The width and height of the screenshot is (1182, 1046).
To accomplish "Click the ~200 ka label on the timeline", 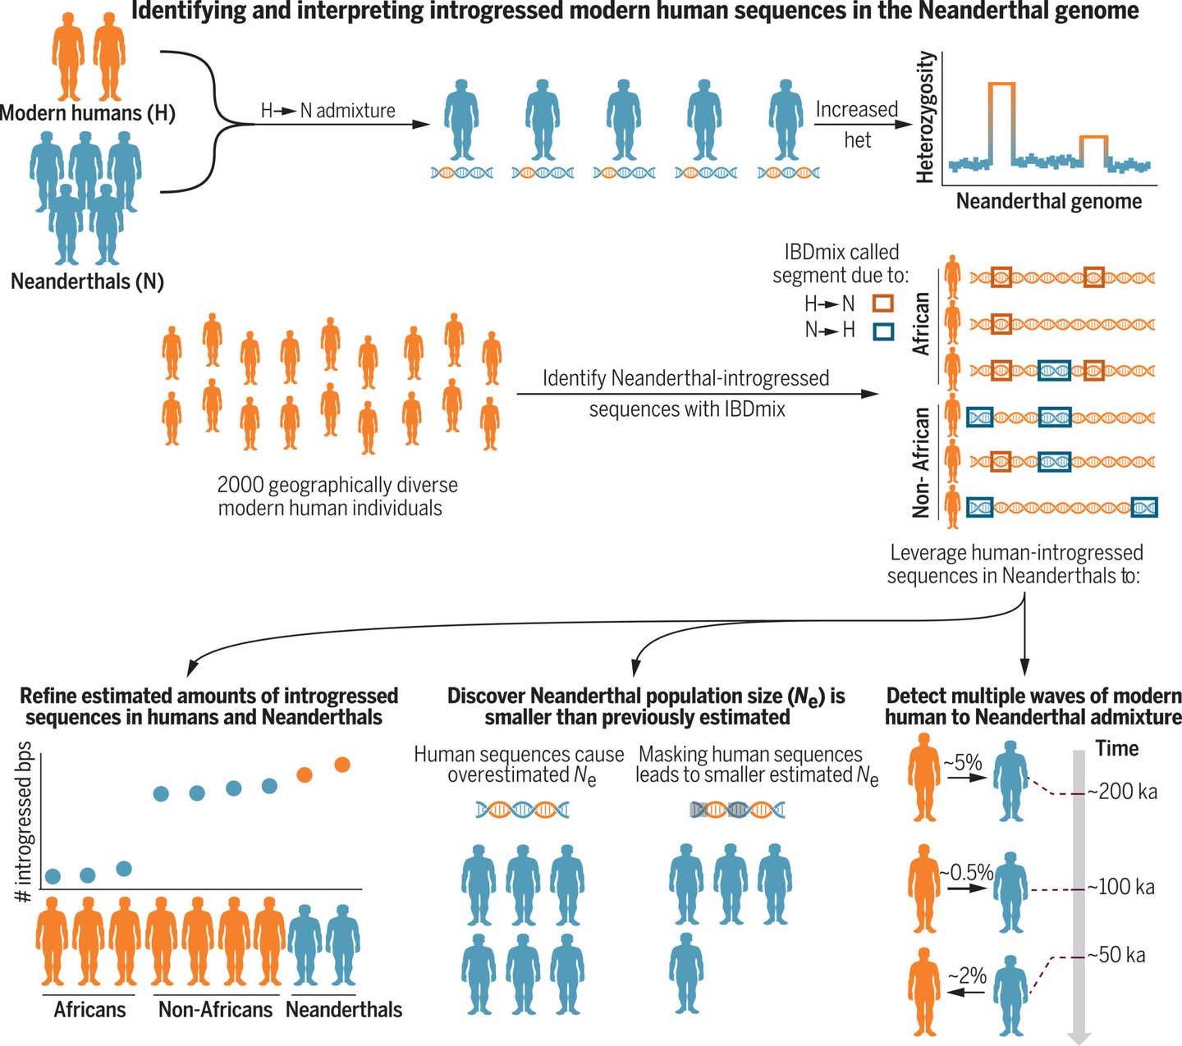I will click(x=1122, y=792).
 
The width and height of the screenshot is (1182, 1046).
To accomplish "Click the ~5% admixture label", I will click(x=963, y=763).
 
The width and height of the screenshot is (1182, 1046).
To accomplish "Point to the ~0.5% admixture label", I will click(x=966, y=872).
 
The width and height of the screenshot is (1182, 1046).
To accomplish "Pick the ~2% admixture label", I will click(x=967, y=975).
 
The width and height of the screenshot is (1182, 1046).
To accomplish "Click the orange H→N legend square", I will click(x=883, y=304).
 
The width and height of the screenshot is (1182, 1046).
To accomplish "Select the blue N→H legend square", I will click(x=883, y=331).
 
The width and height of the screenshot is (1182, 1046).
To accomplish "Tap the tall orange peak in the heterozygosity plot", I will click(x=1001, y=85).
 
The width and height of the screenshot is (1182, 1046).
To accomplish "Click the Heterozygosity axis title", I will click(x=925, y=116).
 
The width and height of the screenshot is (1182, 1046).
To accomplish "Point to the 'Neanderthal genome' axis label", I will click(x=1048, y=201).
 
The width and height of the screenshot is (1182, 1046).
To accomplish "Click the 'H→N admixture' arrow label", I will click(x=328, y=111).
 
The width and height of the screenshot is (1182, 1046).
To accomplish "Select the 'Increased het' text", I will click(x=857, y=124).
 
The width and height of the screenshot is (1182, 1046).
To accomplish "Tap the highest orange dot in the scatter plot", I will click(x=342, y=765).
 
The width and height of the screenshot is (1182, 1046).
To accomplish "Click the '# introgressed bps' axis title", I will click(x=25, y=822).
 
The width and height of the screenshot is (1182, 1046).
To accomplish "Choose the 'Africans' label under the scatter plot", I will click(x=89, y=1009).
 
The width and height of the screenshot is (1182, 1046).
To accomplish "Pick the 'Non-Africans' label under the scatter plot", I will click(x=215, y=1009).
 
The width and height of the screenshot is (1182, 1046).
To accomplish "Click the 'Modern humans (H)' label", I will click(x=88, y=112).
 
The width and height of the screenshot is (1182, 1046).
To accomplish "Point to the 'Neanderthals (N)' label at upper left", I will click(x=87, y=281).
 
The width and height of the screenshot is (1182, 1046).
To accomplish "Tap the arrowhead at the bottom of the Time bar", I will click(x=1079, y=1035).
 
